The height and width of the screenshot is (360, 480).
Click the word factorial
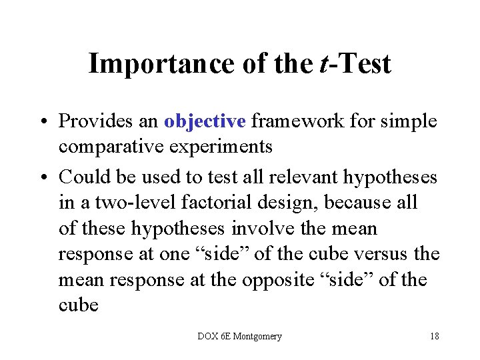point(196,203)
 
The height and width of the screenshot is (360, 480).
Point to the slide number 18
point(434,336)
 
